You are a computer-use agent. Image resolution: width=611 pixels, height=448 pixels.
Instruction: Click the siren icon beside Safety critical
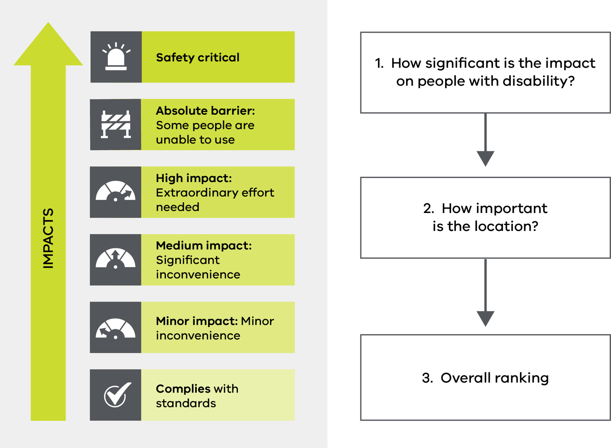point(116,57)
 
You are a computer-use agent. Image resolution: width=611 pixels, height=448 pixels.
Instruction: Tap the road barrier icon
point(116,124)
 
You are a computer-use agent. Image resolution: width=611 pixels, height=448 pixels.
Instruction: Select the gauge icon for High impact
point(116,192)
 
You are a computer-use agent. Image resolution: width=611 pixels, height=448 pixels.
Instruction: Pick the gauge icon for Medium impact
point(116,260)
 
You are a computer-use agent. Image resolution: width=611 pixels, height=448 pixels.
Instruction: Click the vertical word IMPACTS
point(48,238)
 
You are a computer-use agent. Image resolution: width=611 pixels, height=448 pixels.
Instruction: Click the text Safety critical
point(198,57)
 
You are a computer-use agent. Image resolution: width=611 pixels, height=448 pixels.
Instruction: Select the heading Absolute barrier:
point(205,110)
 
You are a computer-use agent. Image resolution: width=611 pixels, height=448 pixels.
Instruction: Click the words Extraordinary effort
point(215,192)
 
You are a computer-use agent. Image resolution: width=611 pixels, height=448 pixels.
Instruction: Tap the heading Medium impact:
point(204,245)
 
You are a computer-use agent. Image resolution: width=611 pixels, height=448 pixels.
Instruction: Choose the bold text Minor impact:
point(197,321)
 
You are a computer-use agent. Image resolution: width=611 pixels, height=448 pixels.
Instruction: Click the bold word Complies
point(183,389)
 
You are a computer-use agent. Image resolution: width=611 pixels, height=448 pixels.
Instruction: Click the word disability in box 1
point(538,81)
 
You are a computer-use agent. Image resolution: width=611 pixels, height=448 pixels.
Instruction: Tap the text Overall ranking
point(494,378)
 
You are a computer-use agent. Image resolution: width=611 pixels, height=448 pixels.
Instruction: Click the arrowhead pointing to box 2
point(485,158)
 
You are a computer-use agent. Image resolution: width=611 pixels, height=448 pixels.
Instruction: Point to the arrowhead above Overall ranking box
point(485,319)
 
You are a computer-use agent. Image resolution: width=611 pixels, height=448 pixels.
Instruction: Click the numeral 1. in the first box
point(379,63)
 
